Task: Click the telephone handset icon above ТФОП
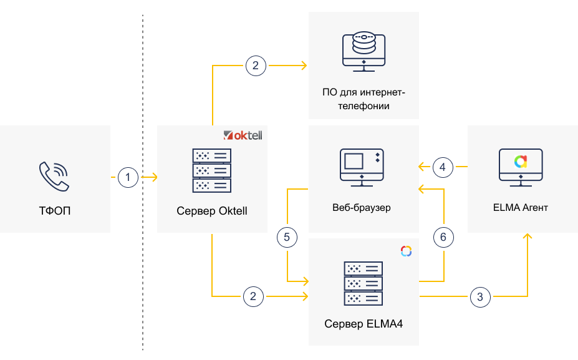pos(54,176)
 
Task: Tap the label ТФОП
pos(55,210)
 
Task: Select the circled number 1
pos(128,178)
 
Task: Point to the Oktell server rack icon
pos(212,170)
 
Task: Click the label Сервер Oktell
pos(212,210)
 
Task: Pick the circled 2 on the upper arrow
pos(256,65)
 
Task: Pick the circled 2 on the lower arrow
pos(253,296)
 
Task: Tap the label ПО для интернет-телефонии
pos(364,99)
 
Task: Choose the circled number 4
pos(443,167)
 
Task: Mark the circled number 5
pos(286,237)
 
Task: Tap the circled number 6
pos(443,237)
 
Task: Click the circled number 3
pos(479,296)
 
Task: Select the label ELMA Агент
pos(521,207)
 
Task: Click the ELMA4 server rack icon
pos(364,283)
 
